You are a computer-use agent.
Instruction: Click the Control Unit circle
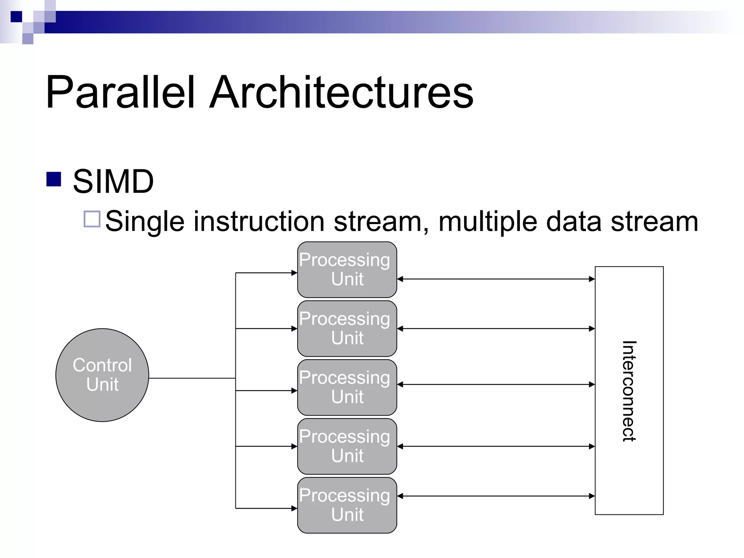coord(102,375)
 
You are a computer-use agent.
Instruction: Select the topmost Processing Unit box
coord(347,270)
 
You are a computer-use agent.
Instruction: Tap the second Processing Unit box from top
coord(347,328)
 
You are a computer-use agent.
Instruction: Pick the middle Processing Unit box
coord(347,387)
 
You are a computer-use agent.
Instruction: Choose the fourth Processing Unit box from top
coord(347,446)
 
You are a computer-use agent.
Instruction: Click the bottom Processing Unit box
coord(347,505)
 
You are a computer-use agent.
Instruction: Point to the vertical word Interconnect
coord(629,391)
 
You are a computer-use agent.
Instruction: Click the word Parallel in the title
coord(120,92)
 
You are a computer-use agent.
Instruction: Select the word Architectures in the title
coord(341,92)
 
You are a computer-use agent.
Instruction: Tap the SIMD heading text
coord(113,181)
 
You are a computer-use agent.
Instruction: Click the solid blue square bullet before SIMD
coord(54,179)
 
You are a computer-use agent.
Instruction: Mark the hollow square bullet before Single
coord(92,219)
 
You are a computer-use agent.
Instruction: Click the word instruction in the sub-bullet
coord(259,221)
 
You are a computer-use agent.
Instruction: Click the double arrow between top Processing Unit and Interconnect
coord(496,279)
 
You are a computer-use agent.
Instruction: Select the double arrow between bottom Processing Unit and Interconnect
coord(496,496)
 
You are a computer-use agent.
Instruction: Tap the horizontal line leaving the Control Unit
coord(192,378)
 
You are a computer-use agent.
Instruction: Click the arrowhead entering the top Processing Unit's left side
coord(294,272)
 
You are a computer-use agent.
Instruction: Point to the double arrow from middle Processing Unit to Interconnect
coord(496,384)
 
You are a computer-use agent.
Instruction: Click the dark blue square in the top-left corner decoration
coord(16,17)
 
